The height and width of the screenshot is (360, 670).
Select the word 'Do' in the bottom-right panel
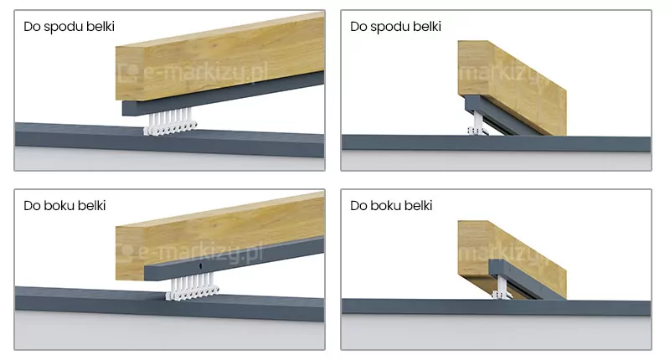[358, 206]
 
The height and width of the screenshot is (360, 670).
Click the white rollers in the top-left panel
[170, 122]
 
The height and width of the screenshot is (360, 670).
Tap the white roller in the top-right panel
[477, 124]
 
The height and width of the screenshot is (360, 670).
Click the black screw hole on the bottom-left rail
[200, 266]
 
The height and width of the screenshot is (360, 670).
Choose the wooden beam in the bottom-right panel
[512, 260]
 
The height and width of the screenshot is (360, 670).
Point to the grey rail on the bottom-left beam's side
[234, 260]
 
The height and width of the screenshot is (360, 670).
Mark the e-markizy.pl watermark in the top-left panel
[193, 72]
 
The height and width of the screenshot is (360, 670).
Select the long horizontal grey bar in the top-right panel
[496, 143]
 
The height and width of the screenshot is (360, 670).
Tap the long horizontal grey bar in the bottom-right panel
[496, 307]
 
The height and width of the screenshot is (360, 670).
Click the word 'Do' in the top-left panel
[31, 27]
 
